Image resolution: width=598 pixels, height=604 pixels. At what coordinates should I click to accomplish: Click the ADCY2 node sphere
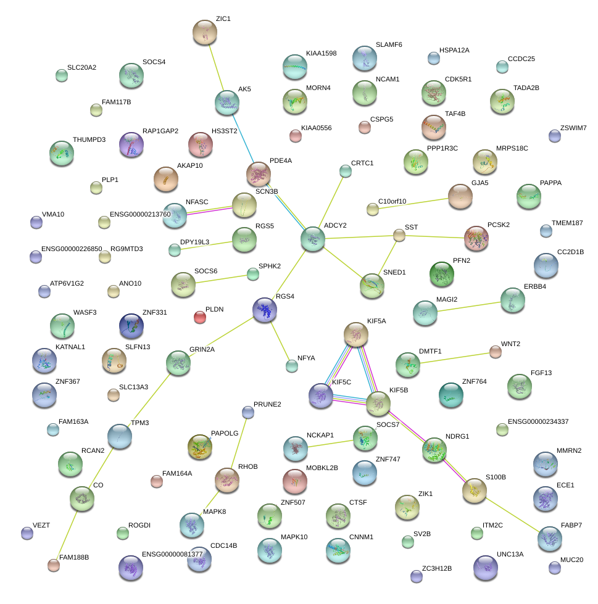pos(313,239)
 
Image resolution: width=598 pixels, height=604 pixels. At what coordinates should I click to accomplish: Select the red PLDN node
pos(199,317)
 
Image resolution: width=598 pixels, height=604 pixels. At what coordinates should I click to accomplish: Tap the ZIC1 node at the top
pos(205,32)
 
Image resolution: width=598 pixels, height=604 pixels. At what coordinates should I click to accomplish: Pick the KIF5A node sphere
pos(356,334)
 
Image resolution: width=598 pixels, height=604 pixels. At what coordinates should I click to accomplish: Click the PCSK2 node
pos(476,238)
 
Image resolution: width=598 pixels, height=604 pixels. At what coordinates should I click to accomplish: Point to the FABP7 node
pos(550,539)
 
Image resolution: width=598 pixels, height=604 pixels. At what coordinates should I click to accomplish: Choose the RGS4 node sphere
pos(265,310)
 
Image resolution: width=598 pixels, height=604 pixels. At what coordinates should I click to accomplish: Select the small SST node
pos(399,235)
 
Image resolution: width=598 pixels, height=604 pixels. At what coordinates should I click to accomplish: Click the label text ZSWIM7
pos(573,128)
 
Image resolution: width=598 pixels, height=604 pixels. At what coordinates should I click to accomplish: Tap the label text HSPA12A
pos(454,51)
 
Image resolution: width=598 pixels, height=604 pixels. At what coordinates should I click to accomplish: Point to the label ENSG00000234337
pos(538,421)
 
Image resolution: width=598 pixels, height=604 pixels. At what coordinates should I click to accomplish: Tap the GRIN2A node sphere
pos(178,363)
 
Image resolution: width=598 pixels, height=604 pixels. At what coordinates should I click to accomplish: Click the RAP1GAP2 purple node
pos(131,145)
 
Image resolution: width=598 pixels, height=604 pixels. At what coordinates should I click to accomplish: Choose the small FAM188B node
pos(54,565)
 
